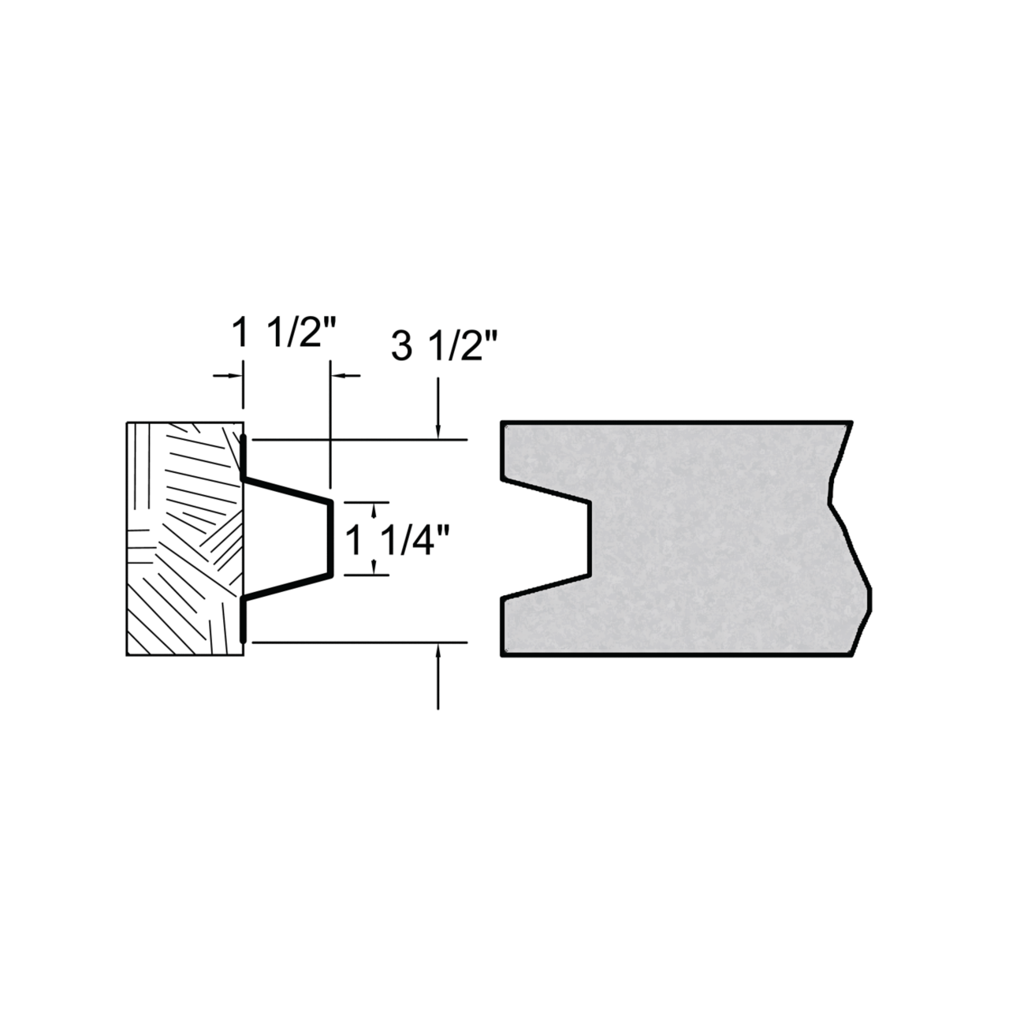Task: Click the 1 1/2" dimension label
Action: [x=283, y=332]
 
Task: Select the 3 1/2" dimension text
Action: [x=444, y=345]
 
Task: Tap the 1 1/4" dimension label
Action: [x=398, y=541]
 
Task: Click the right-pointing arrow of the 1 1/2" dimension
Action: [x=229, y=375]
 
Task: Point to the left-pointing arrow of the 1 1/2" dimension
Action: [x=345, y=375]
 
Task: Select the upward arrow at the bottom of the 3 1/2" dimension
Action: [x=438, y=676]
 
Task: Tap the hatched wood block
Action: [x=185, y=539]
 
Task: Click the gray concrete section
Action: [x=681, y=538]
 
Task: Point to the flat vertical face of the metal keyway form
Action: [x=331, y=539]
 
